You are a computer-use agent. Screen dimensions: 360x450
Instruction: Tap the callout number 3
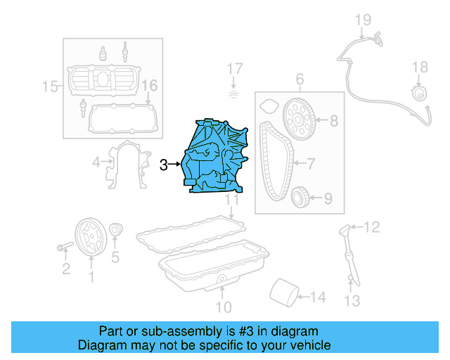[163, 165]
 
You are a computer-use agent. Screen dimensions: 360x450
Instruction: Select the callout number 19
[361, 19]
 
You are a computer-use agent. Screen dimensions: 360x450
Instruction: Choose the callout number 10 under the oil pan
[223, 307]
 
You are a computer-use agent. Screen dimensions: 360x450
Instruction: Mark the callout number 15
[49, 86]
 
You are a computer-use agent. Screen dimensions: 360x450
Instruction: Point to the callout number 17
[234, 69]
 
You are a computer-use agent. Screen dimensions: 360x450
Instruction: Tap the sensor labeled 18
[419, 94]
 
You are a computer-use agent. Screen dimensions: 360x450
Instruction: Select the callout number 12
[373, 226]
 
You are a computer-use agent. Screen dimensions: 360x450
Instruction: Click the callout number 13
[352, 301]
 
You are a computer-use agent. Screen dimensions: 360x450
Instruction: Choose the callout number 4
[96, 163]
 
